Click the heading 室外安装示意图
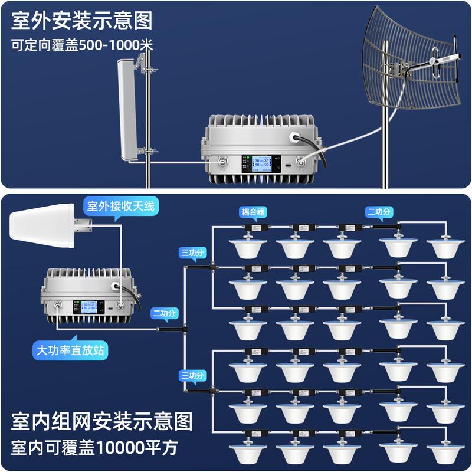[x=82, y=21]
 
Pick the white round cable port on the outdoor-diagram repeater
[x=293, y=137]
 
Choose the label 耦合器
[x=253, y=211]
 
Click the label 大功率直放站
[x=71, y=350]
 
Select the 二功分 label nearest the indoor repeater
[x=166, y=313]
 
